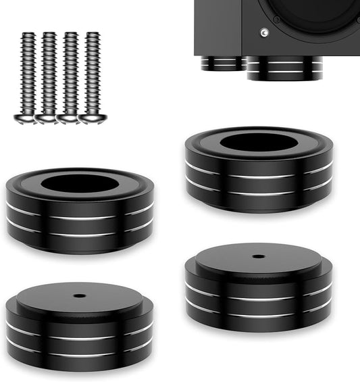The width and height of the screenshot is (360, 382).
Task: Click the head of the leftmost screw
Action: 26,118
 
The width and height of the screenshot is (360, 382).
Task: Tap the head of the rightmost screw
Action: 92,118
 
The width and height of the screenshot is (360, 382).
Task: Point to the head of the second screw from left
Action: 47,118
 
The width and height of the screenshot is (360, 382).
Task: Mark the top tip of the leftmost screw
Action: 28,34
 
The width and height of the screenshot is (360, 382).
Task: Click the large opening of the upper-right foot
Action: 259,142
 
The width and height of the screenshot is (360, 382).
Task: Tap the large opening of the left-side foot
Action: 80,183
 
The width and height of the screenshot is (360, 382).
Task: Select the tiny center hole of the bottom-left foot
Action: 80,295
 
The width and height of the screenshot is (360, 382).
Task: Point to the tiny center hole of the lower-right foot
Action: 259,256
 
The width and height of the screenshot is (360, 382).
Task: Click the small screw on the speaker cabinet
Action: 265,32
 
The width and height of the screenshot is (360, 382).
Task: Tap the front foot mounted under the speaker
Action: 283,69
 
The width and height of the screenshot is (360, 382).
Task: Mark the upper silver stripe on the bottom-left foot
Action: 80,336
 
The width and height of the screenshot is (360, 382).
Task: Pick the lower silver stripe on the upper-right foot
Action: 259,194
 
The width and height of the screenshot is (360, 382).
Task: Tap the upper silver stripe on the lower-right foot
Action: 259,297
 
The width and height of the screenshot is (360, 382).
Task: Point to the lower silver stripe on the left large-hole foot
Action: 80,235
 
